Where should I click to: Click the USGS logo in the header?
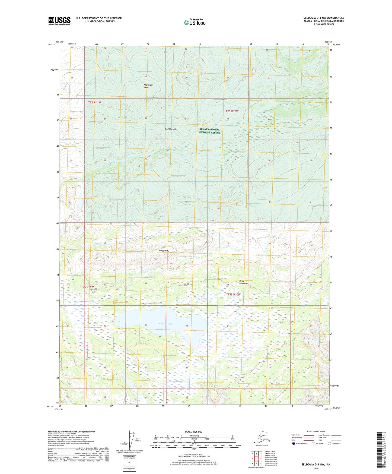click(59, 21)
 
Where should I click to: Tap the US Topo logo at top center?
click(195, 22)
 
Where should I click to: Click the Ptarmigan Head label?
click(148, 86)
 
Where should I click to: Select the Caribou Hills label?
click(171, 129)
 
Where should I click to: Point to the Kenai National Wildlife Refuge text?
click(209, 131)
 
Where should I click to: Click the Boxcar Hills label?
click(164, 251)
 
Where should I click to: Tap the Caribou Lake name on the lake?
click(165, 324)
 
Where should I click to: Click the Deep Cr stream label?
click(91, 243)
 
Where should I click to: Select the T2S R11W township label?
click(94, 102)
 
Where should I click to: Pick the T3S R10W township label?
click(234, 295)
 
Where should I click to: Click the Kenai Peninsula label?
click(243, 282)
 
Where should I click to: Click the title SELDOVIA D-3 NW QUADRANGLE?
click(324, 18)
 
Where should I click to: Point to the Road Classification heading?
click(316, 431)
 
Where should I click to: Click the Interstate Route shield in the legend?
click(294, 444)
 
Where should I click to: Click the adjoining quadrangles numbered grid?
click(256, 459)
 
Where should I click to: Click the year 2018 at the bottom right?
click(316, 469)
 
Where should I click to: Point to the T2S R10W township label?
click(232, 111)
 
